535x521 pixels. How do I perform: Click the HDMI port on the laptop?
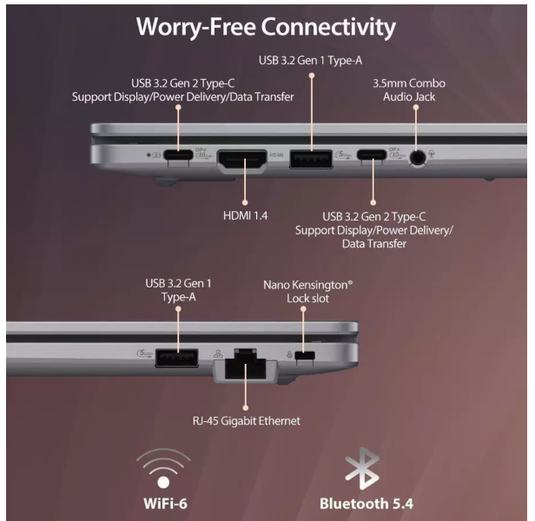click(x=242, y=159)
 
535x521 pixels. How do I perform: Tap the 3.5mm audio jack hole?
click(x=418, y=158)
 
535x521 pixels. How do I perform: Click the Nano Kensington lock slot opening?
click(x=305, y=355)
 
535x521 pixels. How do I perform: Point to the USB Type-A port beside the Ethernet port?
click(x=177, y=358)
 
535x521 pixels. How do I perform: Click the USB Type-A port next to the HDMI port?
click(x=311, y=159)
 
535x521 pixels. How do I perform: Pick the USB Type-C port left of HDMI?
click(x=178, y=155)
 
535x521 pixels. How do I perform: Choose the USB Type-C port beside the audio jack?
click(x=372, y=155)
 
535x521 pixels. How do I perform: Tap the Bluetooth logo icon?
click(x=362, y=468)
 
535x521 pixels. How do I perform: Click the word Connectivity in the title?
click(x=328, y=27)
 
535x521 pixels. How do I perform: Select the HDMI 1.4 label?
click(x=245, y=215)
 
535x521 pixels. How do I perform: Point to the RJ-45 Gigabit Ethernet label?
click(x=247, y=420)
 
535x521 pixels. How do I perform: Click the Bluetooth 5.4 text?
click(x=367, y=504)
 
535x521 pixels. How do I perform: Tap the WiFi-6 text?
click(x=166, y=504)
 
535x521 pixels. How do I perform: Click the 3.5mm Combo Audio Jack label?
click(x=409, y=90)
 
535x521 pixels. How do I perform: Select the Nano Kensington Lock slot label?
click(x=307, y=292)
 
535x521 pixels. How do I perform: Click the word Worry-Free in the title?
click(x=196, y=27)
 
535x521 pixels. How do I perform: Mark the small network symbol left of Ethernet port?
click(x=218, y=353)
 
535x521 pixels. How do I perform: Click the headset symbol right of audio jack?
click(x=432, y=155)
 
